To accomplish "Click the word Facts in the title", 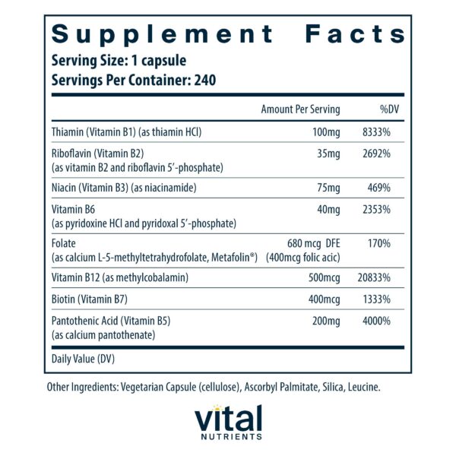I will coord(356,34).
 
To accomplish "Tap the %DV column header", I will coord(390,109).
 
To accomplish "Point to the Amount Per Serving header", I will coord(300,109).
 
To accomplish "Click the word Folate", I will coord(65,243).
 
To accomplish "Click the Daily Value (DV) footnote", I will coord(84,357).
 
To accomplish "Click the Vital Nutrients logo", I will coord(227,423).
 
